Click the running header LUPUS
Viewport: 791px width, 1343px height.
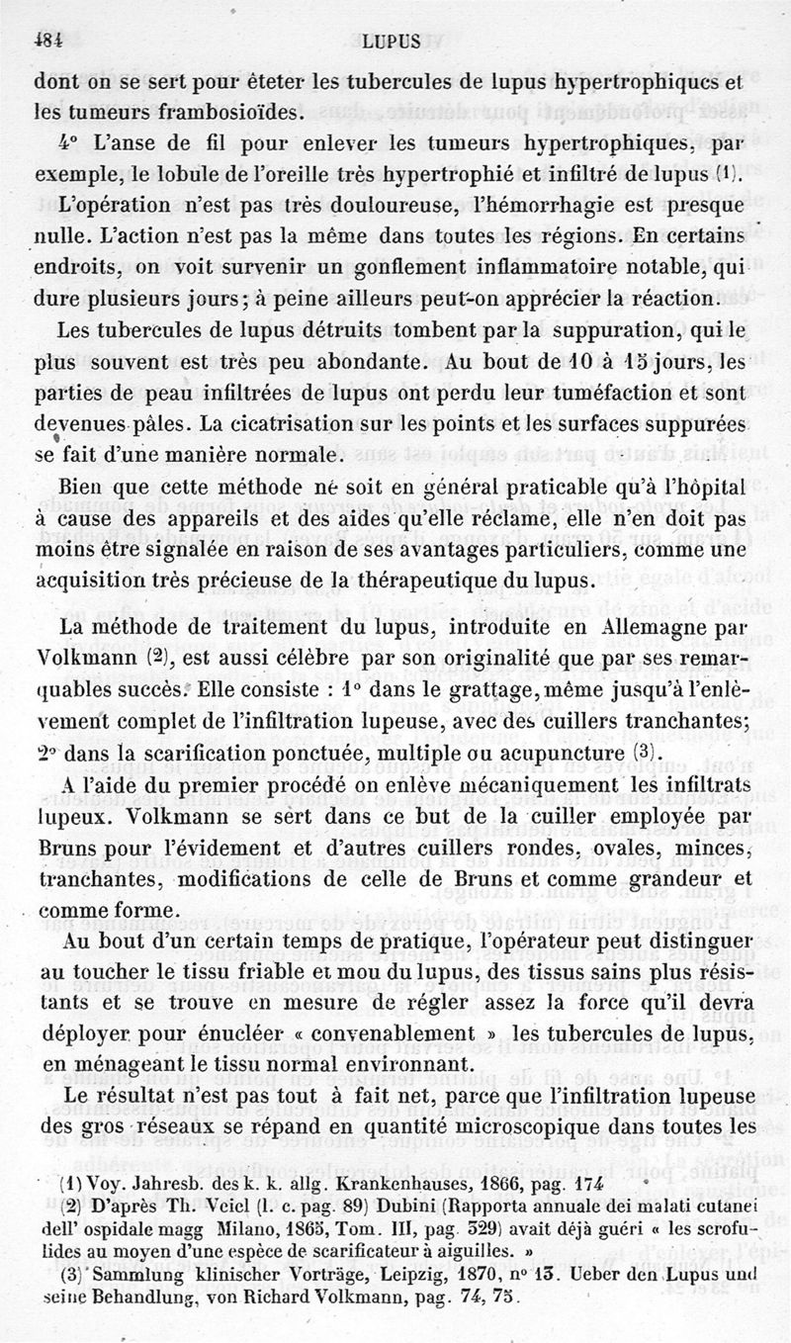click(392, 42)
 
